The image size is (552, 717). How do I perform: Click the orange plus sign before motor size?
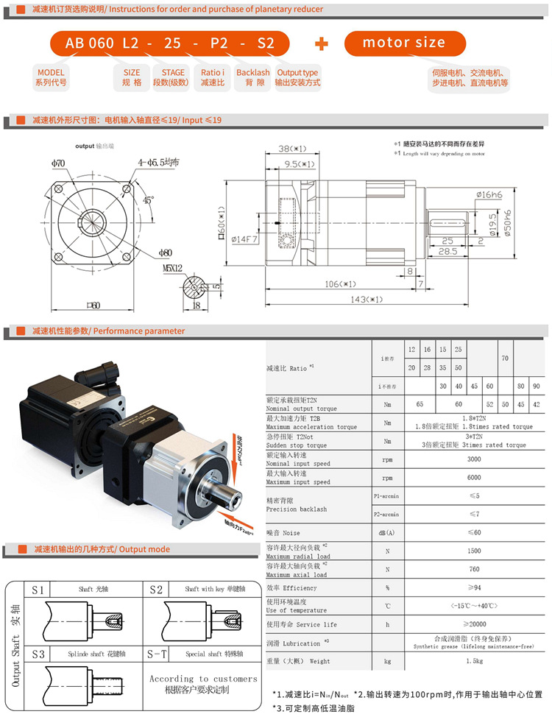[x=321, y=43]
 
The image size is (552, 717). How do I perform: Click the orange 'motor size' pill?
[x=404, y=43]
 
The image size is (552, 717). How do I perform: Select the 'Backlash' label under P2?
[x=252, y=73]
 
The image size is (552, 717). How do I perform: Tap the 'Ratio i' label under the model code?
[x=213, y=73]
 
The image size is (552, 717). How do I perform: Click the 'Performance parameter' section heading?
[x=139, y=331]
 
